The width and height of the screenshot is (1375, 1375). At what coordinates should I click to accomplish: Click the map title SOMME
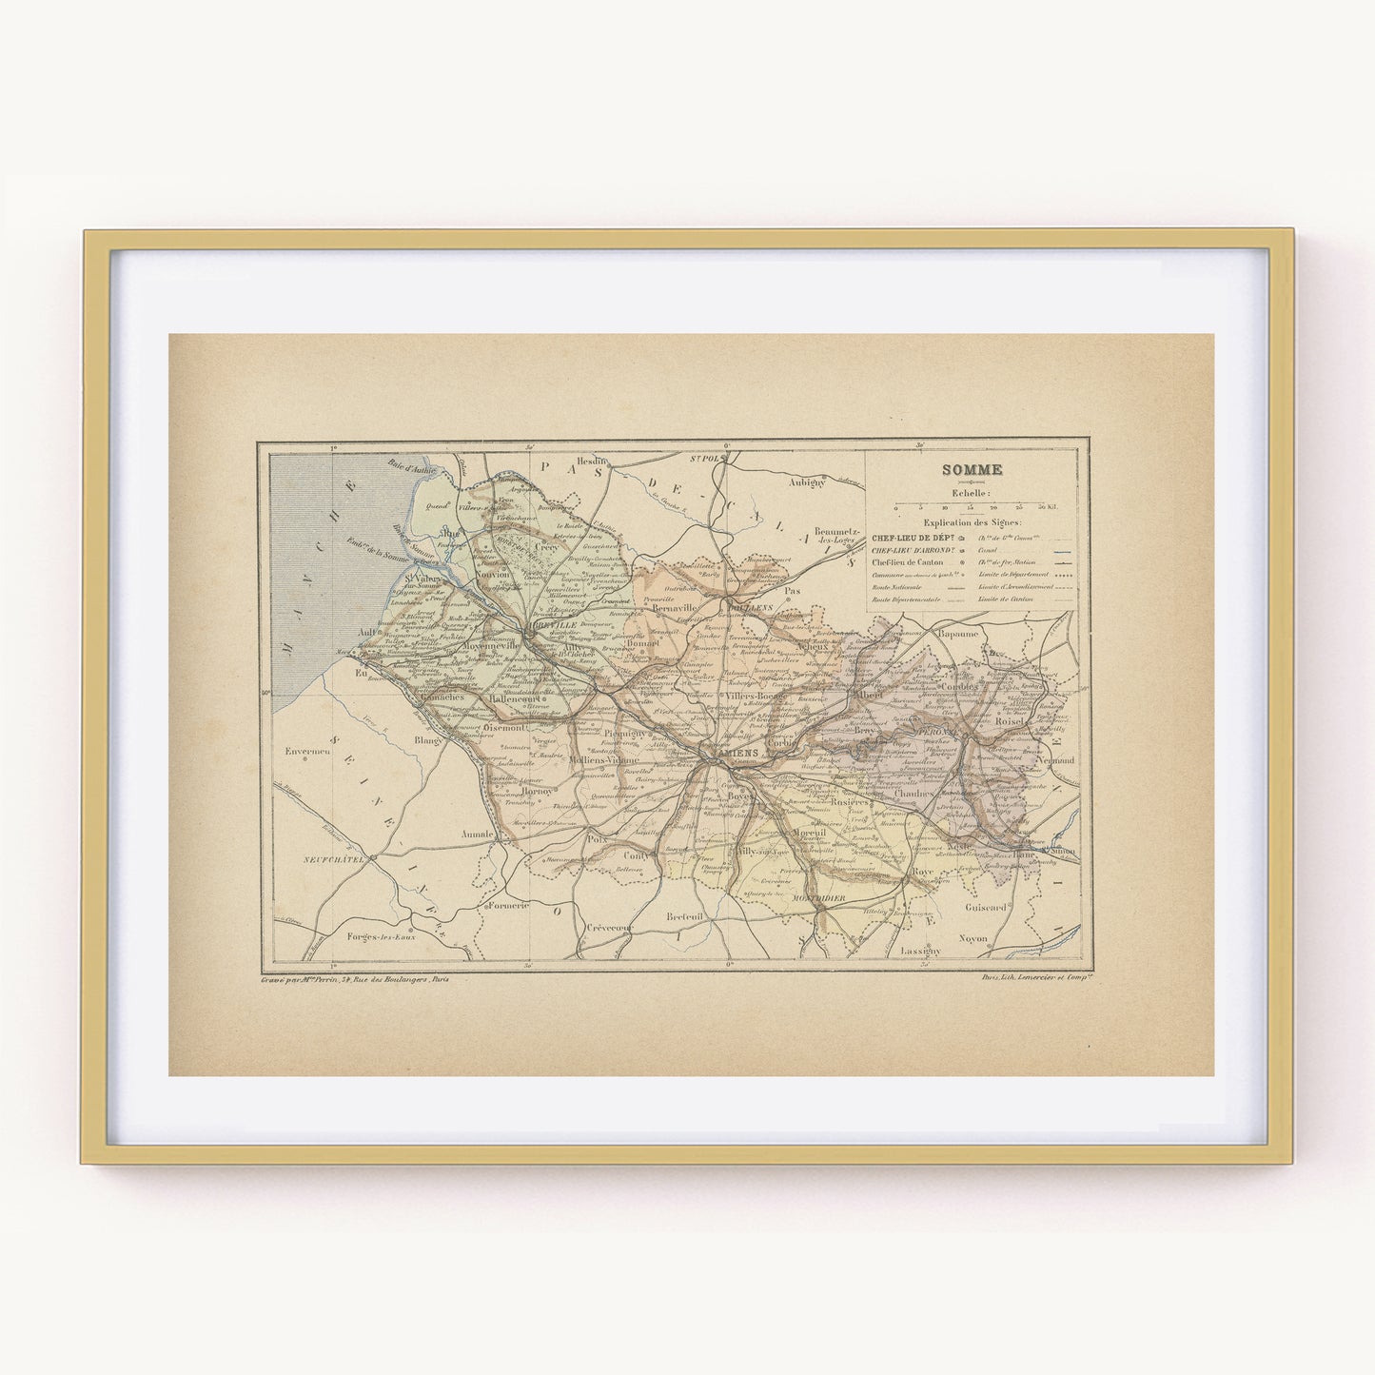coord(964,469)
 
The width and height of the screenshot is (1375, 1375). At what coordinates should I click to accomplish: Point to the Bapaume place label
coord(957,633)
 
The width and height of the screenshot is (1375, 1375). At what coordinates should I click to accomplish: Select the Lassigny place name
coord(921,951)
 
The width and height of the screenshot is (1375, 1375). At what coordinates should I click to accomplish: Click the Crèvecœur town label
coord(610,927)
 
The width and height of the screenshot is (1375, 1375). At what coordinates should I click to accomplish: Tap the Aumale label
coord(478,834)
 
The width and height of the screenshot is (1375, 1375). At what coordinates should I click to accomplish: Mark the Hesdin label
coord(593,459)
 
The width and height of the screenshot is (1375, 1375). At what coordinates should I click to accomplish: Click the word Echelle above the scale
coord(964,493)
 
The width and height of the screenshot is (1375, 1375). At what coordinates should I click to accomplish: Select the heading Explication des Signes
coord(971,523)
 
